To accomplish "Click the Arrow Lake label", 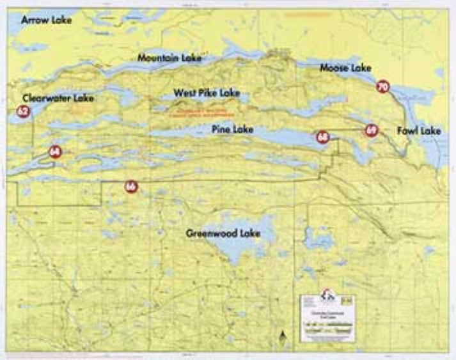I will (47, 20).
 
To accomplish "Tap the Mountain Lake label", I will (169, 58).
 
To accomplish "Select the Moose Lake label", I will (345, 67).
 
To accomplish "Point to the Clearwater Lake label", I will (58, 98).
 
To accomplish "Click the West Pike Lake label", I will (207, 93).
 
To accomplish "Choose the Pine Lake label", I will (232, 130).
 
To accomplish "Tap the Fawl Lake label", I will (419, 130).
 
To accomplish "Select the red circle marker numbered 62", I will (23, 111).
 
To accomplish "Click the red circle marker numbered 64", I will (54, 152).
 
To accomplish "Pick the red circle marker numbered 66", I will (130, 186).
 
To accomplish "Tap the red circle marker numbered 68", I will (322, 137).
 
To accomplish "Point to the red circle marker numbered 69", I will (371, 130).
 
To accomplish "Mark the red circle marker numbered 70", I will (382, 86).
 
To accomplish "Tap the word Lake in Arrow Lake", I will (60, 20).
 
